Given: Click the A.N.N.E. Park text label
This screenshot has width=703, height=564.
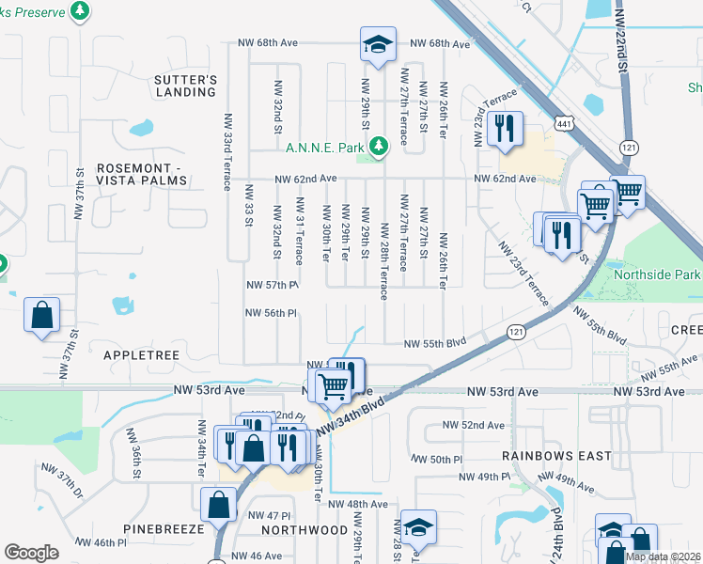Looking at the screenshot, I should click(325, 146).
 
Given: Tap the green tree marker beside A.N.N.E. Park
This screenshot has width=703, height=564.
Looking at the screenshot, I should click(378, 146).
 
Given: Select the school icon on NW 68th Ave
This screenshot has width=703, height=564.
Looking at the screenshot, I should click(377, 44).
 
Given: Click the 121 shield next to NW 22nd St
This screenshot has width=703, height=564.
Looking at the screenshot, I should click(629, 148).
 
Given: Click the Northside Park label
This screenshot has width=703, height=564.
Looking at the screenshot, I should click(657, 274).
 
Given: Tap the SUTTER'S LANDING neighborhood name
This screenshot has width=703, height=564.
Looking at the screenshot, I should click(186, 86).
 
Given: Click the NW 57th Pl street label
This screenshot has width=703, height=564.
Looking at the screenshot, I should click(272, 285).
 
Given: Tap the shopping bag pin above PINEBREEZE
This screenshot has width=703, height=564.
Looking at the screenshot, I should click(218, 503).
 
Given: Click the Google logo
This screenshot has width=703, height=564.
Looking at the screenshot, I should click(31, 553).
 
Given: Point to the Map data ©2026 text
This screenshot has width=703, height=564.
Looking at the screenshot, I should click(663, 556).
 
